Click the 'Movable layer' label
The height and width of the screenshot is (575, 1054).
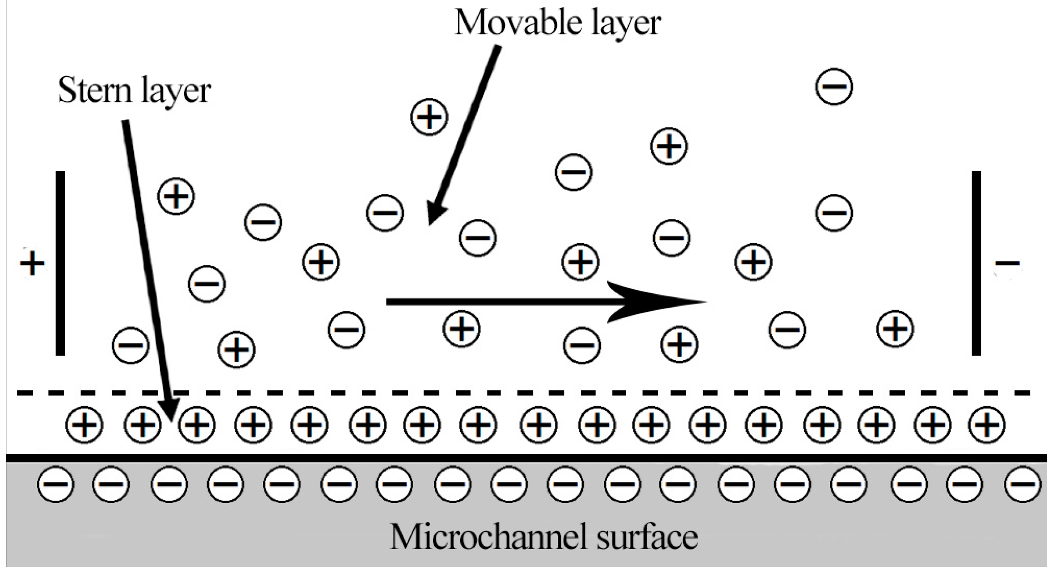tap(557, 23)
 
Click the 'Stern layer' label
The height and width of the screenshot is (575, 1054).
tap(134, 90)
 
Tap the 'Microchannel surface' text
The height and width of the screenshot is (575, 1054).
tap(544, 537)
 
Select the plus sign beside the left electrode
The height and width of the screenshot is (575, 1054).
tap(32, 263)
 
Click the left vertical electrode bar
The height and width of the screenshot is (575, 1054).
tap(60, 263)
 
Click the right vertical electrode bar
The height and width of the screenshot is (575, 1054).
tap(976, 263)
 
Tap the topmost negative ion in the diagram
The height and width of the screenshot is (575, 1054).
tap(834, 87)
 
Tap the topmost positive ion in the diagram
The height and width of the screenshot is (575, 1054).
tap(429, 117)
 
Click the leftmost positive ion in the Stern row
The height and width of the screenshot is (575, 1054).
tap(84, 425)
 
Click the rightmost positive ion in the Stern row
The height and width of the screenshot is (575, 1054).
tap(986, 425)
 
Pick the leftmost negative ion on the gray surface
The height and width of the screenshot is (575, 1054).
tap(56, 483)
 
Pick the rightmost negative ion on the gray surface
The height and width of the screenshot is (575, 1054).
tap(1023, 483)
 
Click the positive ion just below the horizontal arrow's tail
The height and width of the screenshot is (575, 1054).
tap(461, 328)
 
